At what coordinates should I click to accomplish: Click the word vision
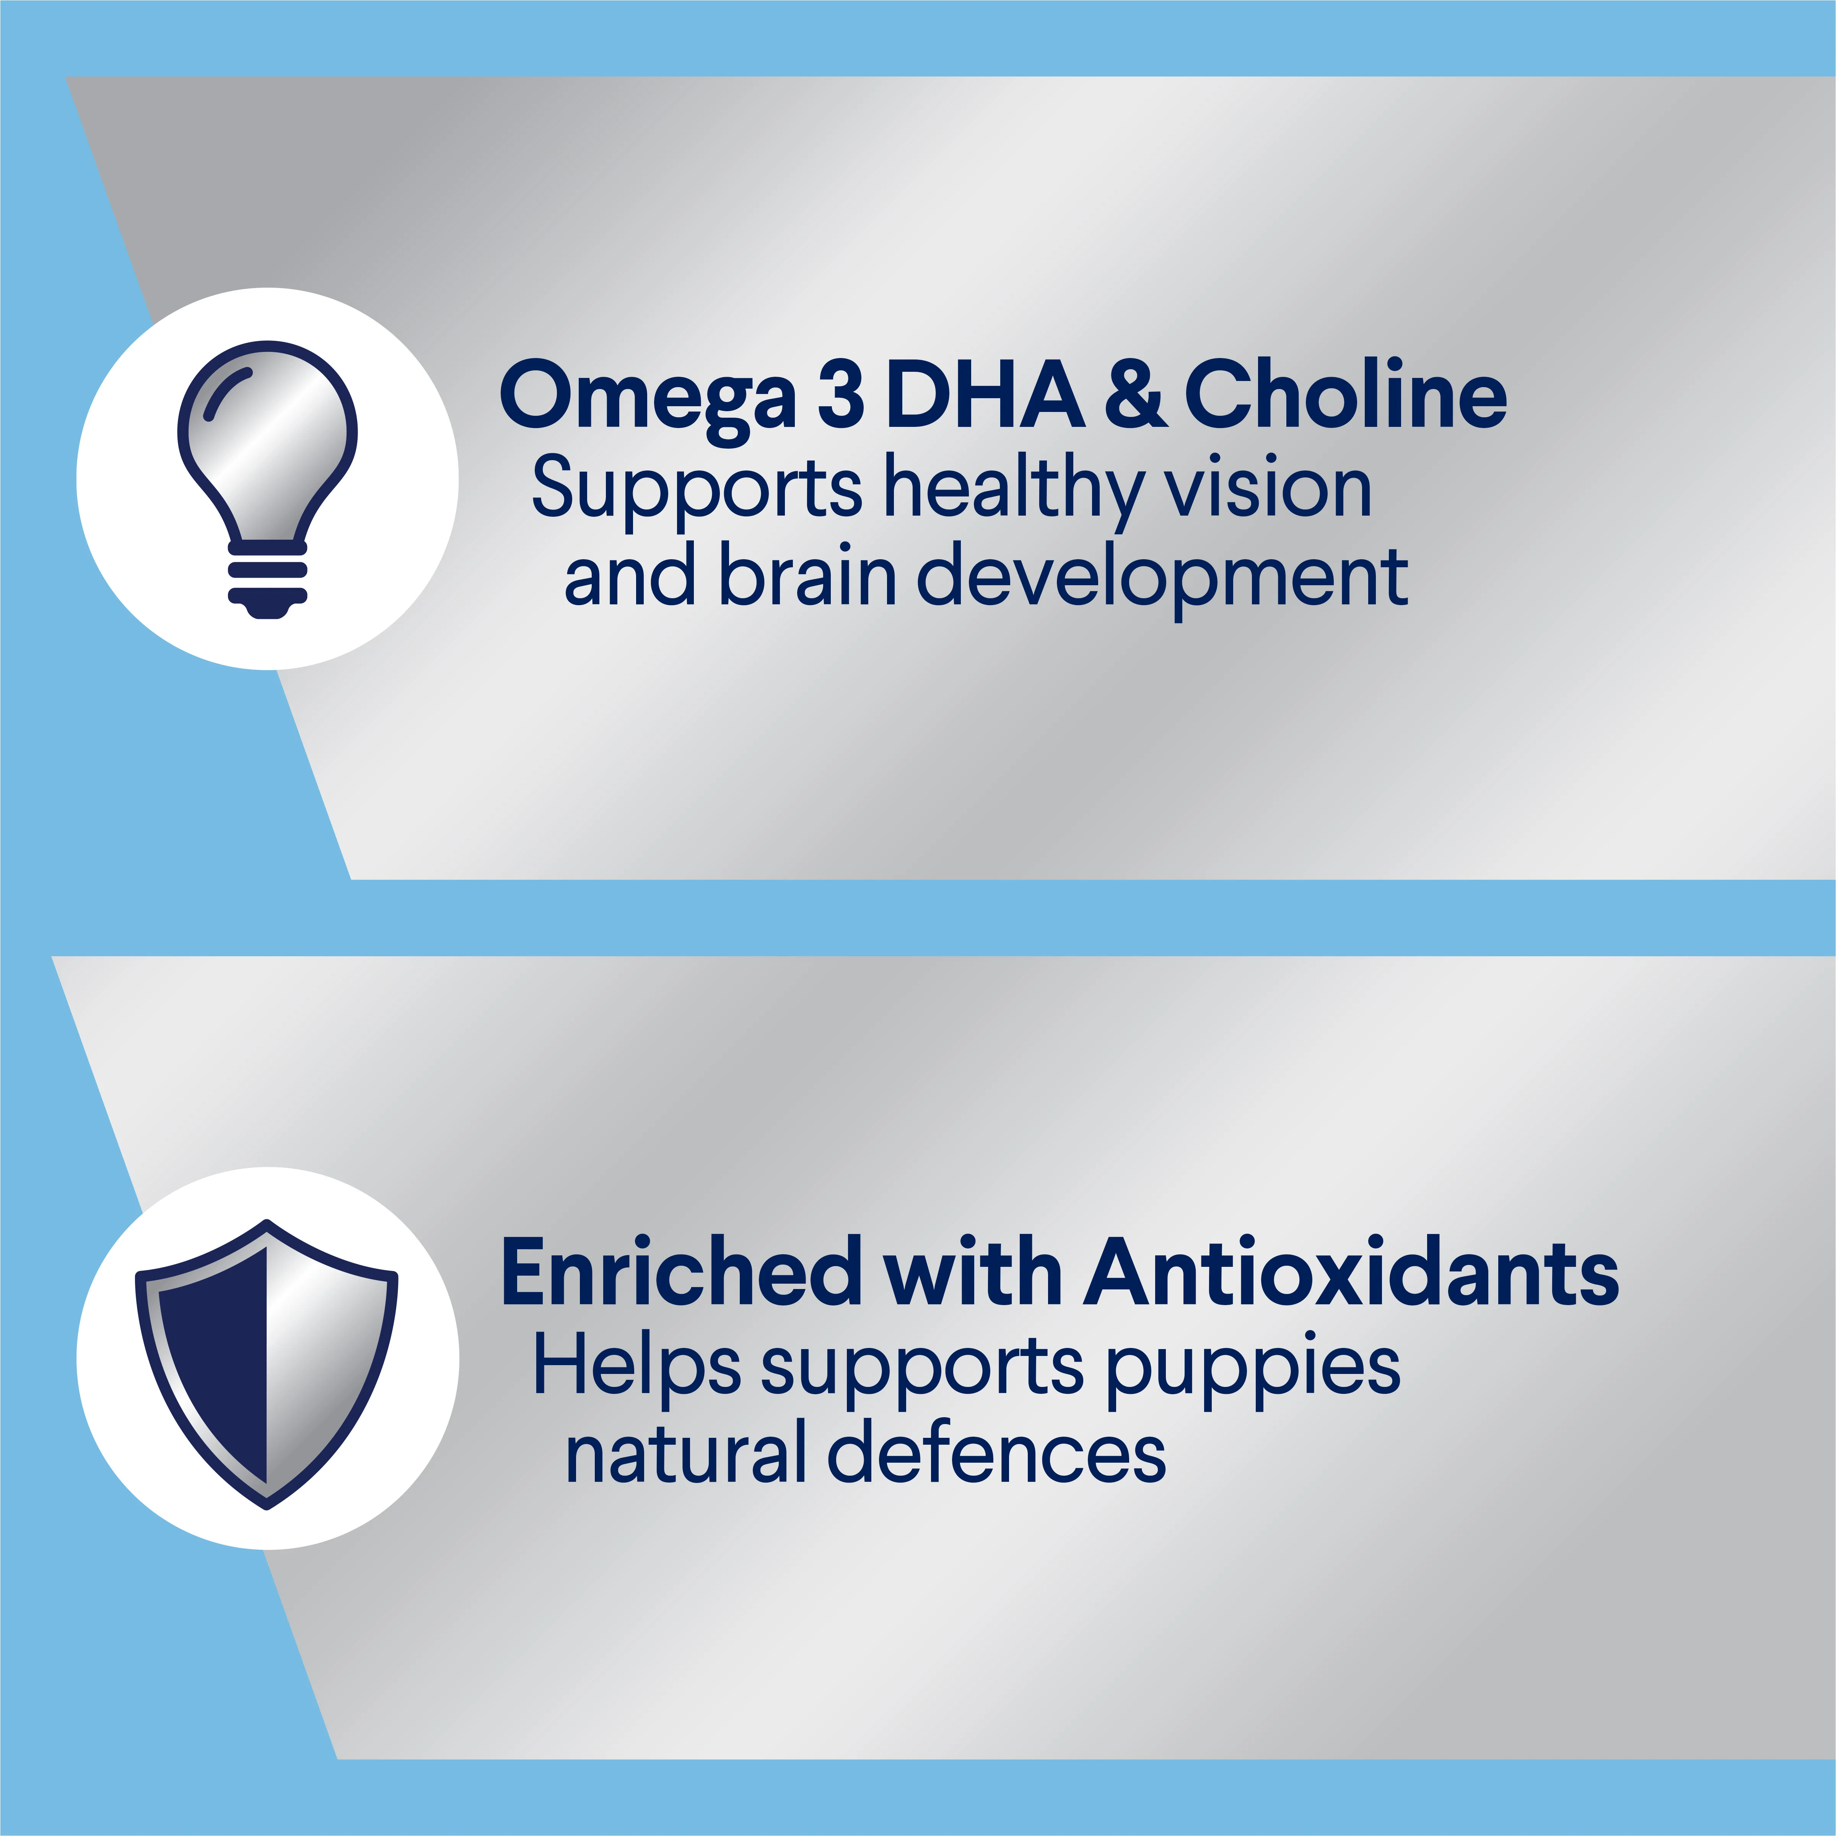pos(1269,488)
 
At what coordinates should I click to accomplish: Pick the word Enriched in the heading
pos(680,1273)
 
